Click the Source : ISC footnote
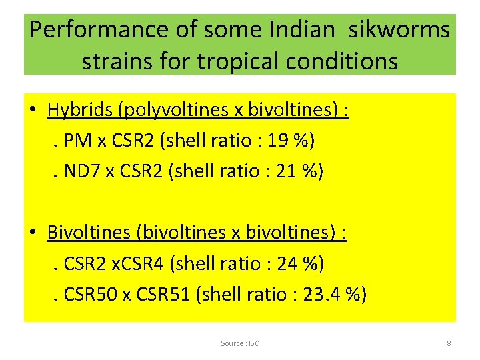click(240, 343)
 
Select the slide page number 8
click(449, 343)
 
